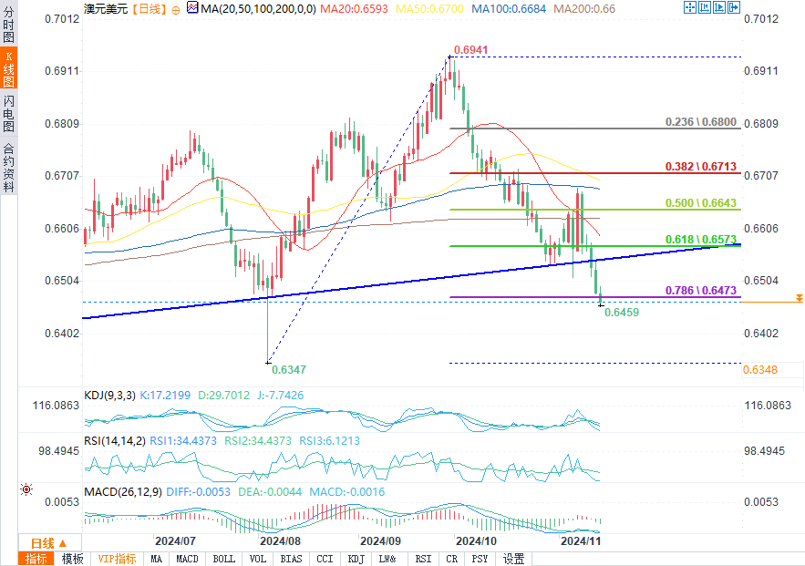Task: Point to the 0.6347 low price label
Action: [x=290, y=369]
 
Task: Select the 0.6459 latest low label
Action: [x=621, y=313]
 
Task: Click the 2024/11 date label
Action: [x=581, y=540]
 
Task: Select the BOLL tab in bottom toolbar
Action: [x=223, y=559]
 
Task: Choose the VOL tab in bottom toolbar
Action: [x=258, y=559]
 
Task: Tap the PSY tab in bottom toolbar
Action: [x=480, y=559]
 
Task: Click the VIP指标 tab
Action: [x=117, y=559]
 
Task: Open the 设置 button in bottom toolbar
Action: [x=514, y=559]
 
